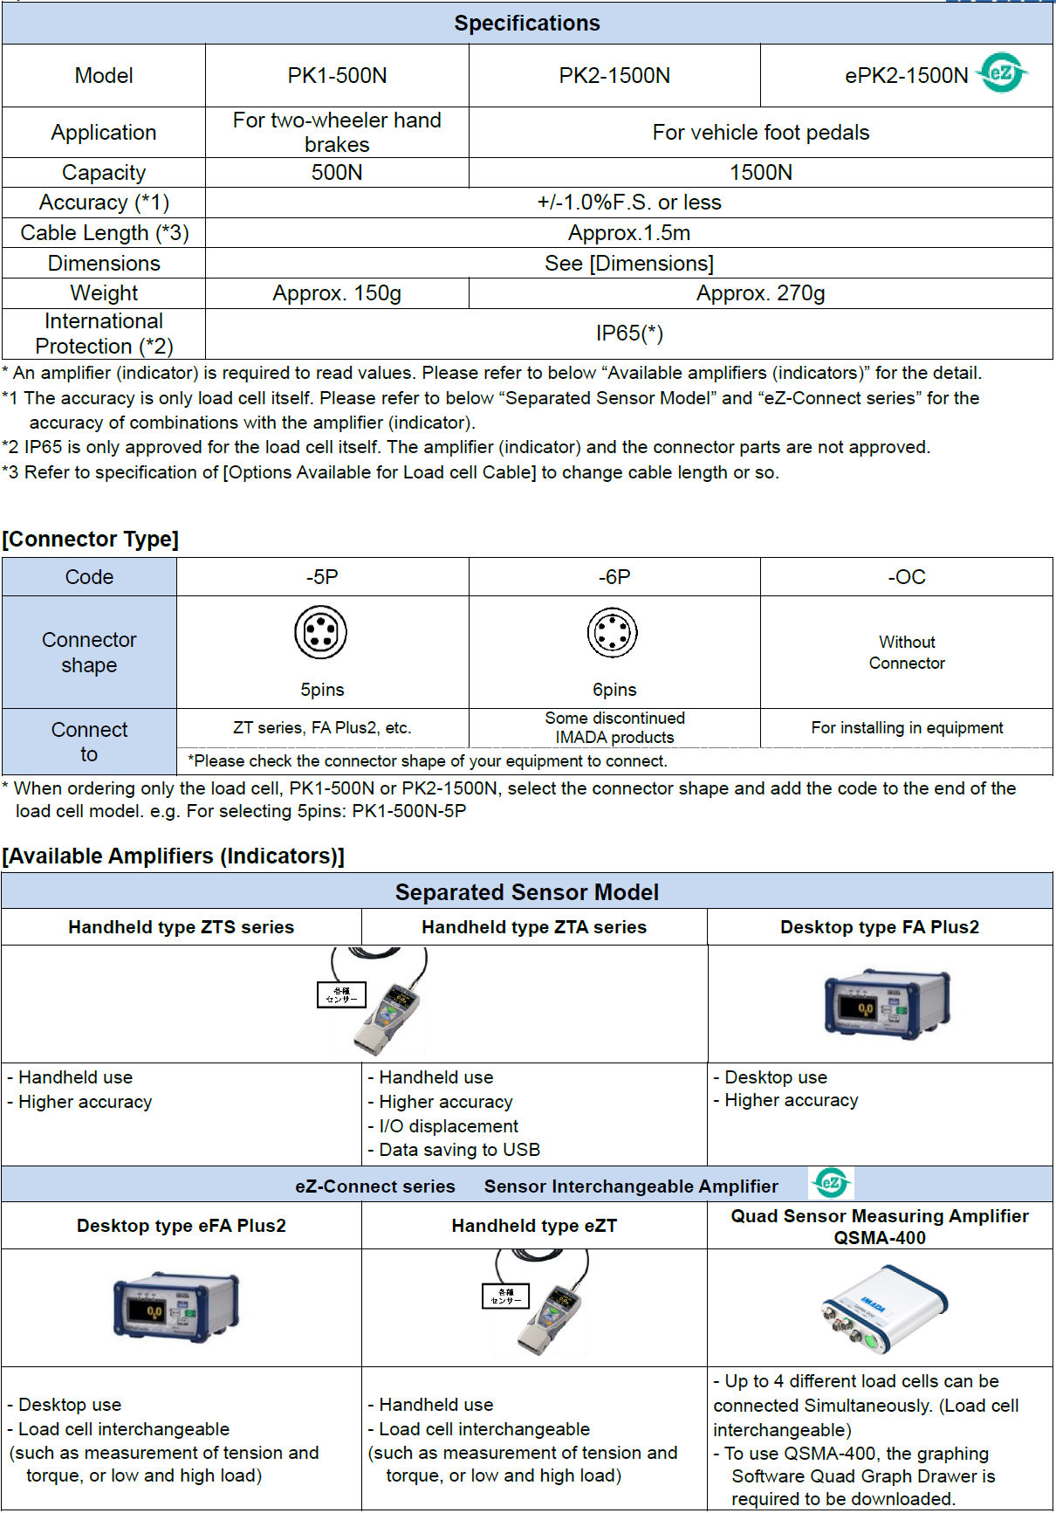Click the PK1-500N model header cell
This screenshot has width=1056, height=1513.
[x=337, y=76]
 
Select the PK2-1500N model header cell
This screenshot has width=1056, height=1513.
[x=614, y=76]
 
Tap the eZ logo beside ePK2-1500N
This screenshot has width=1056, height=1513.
[x=1002, y=72]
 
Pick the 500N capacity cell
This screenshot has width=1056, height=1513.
[x=337, y=172]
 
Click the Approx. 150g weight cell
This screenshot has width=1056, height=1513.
[x=337, y=293]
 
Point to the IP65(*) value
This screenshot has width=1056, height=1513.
[x=629, y=334]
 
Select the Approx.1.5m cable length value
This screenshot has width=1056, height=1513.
[x=629, y=233]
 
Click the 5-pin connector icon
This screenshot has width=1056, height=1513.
[x=321, y=633]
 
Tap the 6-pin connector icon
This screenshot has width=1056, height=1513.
[x=613, y=633]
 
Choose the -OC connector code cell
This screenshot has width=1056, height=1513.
[x=907, y=577]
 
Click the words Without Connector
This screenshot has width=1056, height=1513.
[x=907, y=653]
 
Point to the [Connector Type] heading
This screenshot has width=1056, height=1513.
[x=91, y=540]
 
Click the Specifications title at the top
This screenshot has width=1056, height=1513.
[x=527, y=24]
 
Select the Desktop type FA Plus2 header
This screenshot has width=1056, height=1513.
[x=880, y=927]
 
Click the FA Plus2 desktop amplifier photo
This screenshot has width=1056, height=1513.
[x=887, y=1003]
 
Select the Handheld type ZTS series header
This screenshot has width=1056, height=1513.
[x=182, y=927]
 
